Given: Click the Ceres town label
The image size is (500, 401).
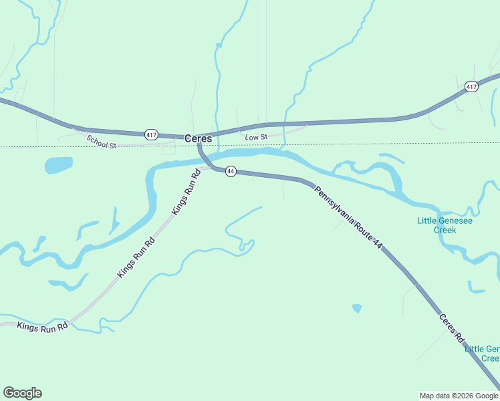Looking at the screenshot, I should pos(198,139).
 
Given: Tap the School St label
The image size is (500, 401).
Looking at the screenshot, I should pos(101,141).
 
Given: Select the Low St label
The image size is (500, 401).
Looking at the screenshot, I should pos(256,137).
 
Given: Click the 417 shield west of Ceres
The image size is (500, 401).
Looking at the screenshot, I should pos(151,135).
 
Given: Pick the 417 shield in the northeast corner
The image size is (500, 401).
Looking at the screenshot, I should pos(471,86).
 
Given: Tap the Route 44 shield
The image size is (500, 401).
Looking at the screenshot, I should pos(231,172).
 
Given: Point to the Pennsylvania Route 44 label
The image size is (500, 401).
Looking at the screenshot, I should pos(349,218).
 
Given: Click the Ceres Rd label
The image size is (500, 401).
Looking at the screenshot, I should pos(451,327).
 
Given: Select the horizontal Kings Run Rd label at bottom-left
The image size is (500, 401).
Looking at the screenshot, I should pos(42,327).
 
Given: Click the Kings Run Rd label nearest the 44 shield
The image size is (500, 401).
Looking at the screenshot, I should pos(186,192).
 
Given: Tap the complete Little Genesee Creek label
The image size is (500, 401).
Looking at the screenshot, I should pos(436,225).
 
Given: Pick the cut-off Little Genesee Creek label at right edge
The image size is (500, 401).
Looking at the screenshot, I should pos(482,354).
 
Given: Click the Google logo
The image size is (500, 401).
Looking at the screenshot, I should pos(22,393).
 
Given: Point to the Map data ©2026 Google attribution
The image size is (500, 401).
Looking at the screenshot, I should pos(459,396).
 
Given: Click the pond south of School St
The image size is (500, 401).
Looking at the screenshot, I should pos(58,164).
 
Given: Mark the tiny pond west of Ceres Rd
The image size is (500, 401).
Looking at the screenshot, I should pos(357,308).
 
